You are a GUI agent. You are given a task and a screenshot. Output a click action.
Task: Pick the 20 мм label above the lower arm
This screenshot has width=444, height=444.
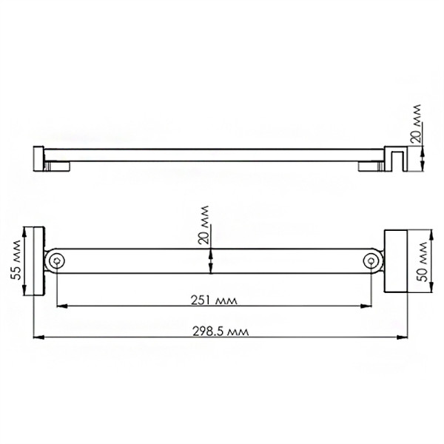click(x=204, y=226)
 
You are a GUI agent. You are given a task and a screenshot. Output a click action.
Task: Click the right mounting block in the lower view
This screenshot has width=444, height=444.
click(x=396, y=260)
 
